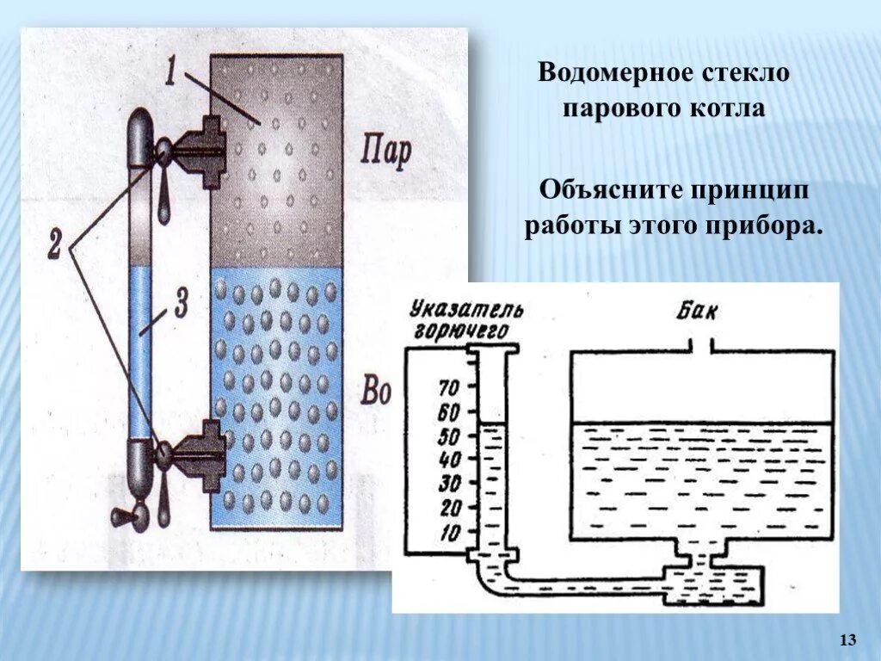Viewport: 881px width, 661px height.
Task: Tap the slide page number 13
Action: [847, 639]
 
